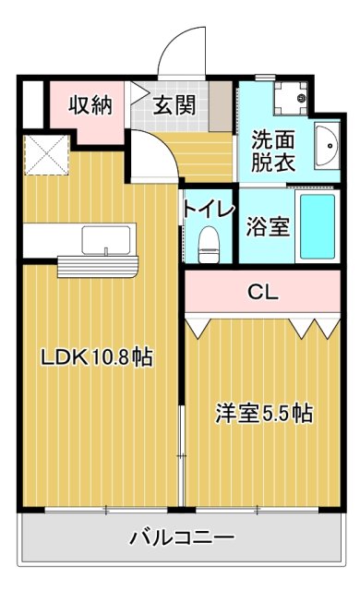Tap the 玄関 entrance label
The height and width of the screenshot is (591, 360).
pyautogui.click(x=174, y=104)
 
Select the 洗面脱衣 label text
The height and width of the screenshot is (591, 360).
pyautogui.click(x=273, y=150)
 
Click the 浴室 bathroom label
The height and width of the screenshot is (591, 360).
pyautogui.click(x=269, y=226)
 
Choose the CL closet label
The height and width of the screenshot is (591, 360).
pyautogui.click(x=262, y=293)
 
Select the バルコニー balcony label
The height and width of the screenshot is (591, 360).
pyautogui.click(x=181, y=537)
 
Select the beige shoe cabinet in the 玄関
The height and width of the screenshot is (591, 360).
pyautogui.click(x=219, y=104)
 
